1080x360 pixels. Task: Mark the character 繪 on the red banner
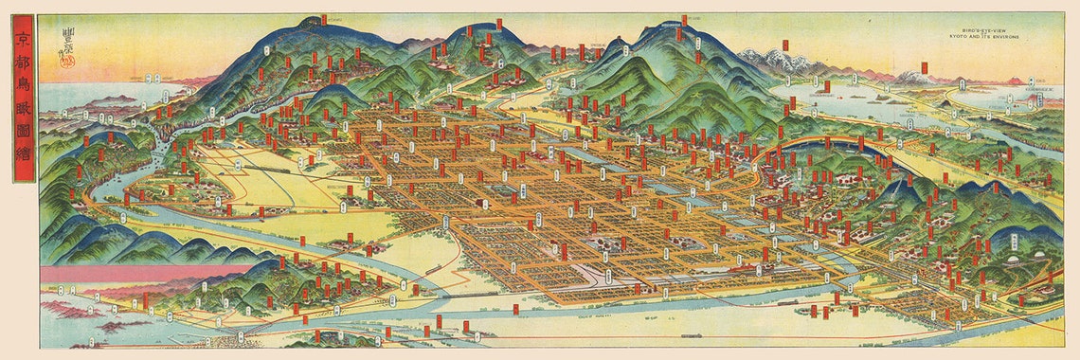[x=24, y=167]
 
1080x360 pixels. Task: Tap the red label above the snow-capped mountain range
[x=786, y=45]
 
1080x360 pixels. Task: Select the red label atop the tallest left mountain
[x=323, y=19]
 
